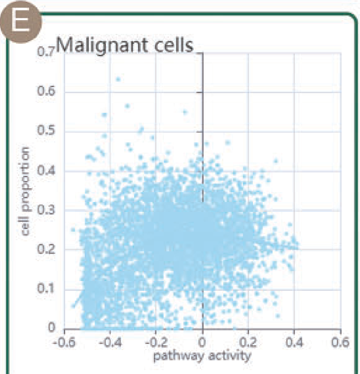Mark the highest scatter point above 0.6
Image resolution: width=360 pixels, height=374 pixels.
[118, 79]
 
